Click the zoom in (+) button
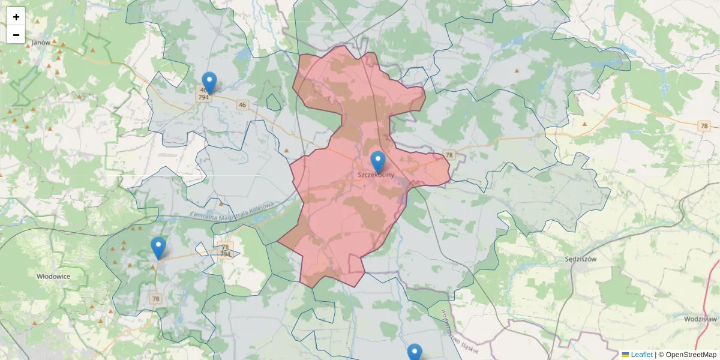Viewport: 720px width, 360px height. [x=16, y=17]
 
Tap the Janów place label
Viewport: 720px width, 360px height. [x=41, y=43]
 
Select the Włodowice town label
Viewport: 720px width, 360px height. [x=53, y=277]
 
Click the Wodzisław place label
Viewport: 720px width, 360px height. [x=701, y=319]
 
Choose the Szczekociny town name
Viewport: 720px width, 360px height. [x=376, y=175]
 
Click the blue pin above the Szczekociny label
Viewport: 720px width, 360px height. [x=377, y=161]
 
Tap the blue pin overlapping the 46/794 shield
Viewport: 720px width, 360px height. [x=209, y=82]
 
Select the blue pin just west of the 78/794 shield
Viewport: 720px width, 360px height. [x=158, y=247]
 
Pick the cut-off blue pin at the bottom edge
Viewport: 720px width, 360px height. [x=415, y=352]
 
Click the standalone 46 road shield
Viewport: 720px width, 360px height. [x=242, y=105]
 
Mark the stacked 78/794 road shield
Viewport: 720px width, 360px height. [x=226, y=250]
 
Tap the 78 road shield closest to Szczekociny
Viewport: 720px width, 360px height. [x=449, y=155]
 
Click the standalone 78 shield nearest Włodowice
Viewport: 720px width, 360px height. [x=156, y=299]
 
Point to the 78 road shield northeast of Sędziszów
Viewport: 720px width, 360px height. [x=704, y=126]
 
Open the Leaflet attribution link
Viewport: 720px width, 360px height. [x=641, y=355]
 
